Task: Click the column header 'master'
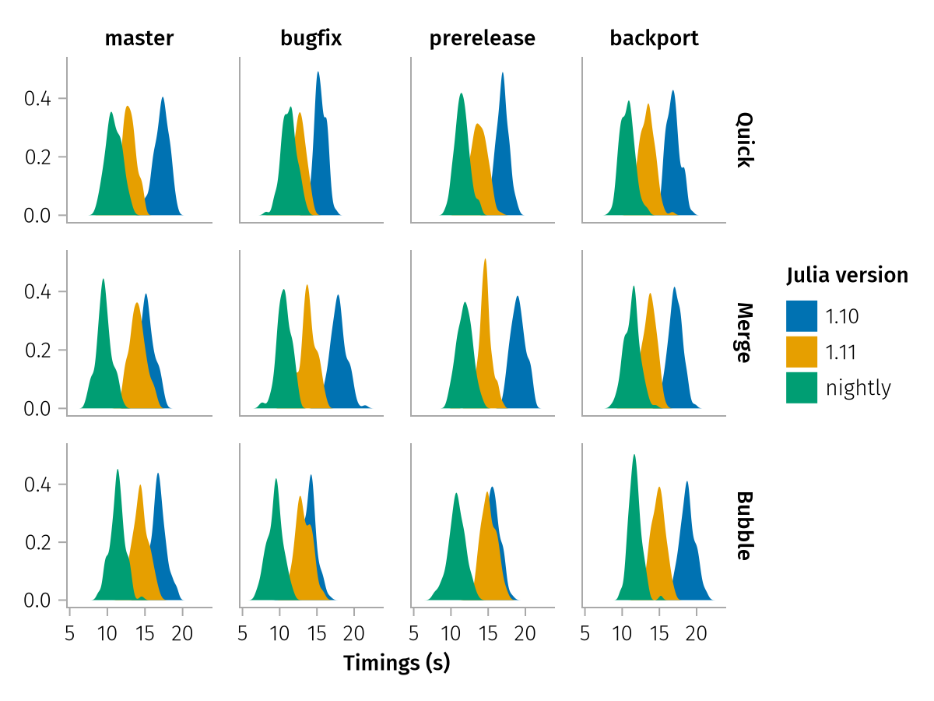click(139, 38)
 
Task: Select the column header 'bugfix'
click(311, 38)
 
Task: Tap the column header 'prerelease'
click(483, 38)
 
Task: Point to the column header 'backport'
click(655, 38)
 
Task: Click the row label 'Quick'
click(745, 140)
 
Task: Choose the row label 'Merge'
click(745, 333)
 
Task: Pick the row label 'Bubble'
click(745, 526)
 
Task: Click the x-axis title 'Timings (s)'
click(397, 664)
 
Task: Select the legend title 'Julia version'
click(847, 275)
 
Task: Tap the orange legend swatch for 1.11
click(802, 352)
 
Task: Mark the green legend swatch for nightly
click(802, 388)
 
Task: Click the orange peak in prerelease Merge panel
click(485, 262)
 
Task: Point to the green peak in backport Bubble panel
click(634, 457)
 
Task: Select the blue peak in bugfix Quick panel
click(318, 75)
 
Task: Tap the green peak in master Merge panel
click(103, 281)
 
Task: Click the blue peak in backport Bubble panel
click(687, 484)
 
